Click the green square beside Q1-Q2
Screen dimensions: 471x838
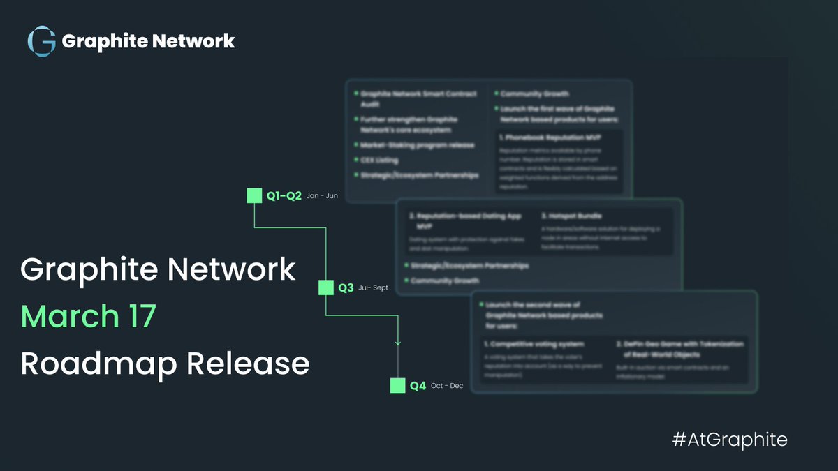(255, 195)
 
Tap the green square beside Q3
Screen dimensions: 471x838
(326, 287)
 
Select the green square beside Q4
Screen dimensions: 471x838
(397, 385)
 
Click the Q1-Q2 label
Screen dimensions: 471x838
(284, 196)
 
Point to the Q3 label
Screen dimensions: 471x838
(346, 287)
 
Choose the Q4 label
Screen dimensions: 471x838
(418, 385)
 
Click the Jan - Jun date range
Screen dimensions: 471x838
(322, 196)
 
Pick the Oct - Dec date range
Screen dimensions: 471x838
(447, 385)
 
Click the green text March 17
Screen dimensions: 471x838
(88, 317)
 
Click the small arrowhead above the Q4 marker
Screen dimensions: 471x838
(397, 343)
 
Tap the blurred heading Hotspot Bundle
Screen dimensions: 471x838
(571, 216)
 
